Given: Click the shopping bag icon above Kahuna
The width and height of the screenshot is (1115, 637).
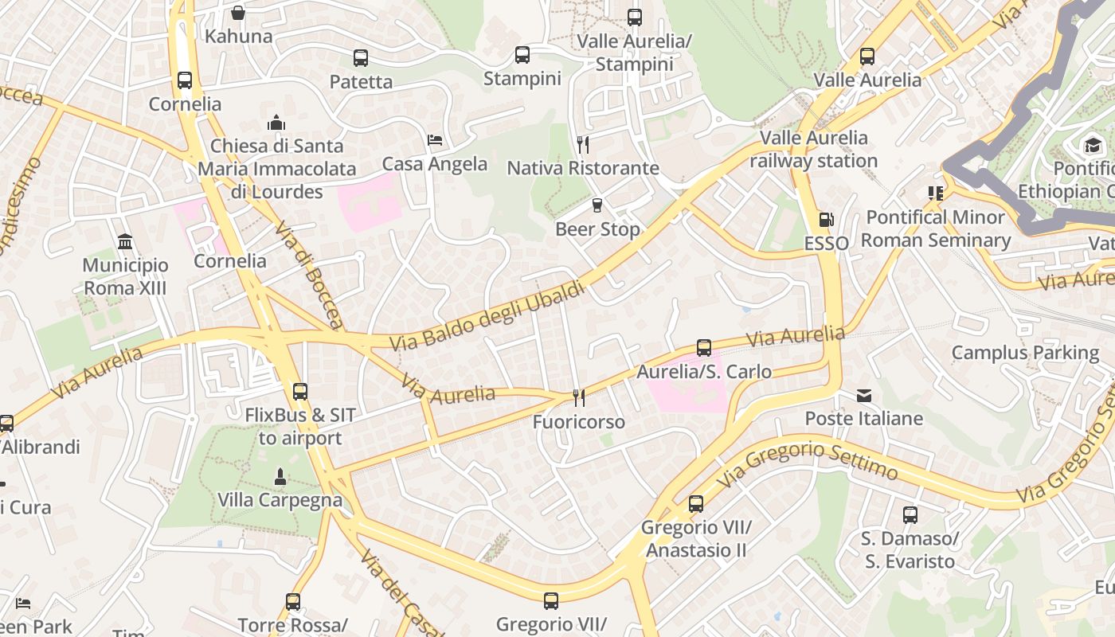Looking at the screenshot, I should click(x=237, y=13).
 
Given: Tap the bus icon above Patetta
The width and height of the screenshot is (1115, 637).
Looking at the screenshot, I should click(x=361, y=58).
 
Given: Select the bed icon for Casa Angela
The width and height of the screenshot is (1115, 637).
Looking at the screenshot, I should click(x=435, y=140).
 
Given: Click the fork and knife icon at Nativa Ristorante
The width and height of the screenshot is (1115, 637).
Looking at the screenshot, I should click(x=583, y=144).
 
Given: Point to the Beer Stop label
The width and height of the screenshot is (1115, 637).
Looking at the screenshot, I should click(x=597, y=229).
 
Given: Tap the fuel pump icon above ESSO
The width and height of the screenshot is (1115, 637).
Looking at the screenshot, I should click(x=827, y=220).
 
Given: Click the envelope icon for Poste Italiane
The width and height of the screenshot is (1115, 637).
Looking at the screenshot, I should click(x=864, y=396).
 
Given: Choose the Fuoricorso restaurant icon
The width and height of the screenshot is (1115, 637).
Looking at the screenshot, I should click(x=579, y=398).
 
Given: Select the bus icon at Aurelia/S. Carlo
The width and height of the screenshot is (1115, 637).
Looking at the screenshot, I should click(x=704, y=348).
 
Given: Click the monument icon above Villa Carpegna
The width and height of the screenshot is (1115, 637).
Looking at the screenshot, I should click(x=280, y=477).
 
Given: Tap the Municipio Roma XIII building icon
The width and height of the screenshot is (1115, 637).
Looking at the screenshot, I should click(x=125, y=241).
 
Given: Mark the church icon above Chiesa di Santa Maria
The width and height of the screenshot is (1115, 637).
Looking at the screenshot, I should click(x=276, y=123).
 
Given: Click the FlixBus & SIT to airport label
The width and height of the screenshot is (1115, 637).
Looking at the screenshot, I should click(x=300, y=426).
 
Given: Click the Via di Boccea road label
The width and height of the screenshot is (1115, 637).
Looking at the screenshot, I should click(x=309, y=276).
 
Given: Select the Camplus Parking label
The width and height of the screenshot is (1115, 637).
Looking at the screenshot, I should click(x=1025, y=353).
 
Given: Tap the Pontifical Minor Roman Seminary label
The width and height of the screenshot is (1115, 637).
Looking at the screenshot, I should click(x=935, y=229).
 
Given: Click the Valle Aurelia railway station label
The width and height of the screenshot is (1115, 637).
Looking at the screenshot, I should click(x=813, y=149).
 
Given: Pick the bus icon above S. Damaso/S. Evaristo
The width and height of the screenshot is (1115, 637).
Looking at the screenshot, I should click(x=910, y=515).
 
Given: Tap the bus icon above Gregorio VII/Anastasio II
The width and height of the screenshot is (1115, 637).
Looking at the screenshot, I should click(x=696, y=504).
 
